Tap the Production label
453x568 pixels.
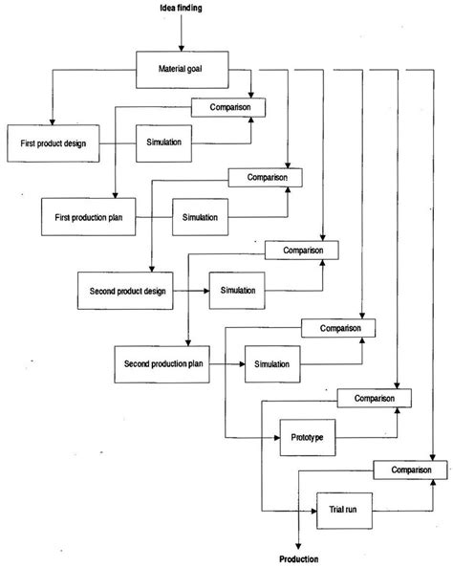(x=298, y=559)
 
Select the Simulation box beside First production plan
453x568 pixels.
(x=202, y=216)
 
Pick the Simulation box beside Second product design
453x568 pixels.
(x=239, y=289)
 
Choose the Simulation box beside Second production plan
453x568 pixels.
(x=274, y=363)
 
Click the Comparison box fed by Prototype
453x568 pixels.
(x=374, y=397)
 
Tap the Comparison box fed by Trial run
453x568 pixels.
(x=408, y=470)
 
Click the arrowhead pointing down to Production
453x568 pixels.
(x=298, y=545)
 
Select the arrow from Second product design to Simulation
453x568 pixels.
(x=192, y=289)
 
